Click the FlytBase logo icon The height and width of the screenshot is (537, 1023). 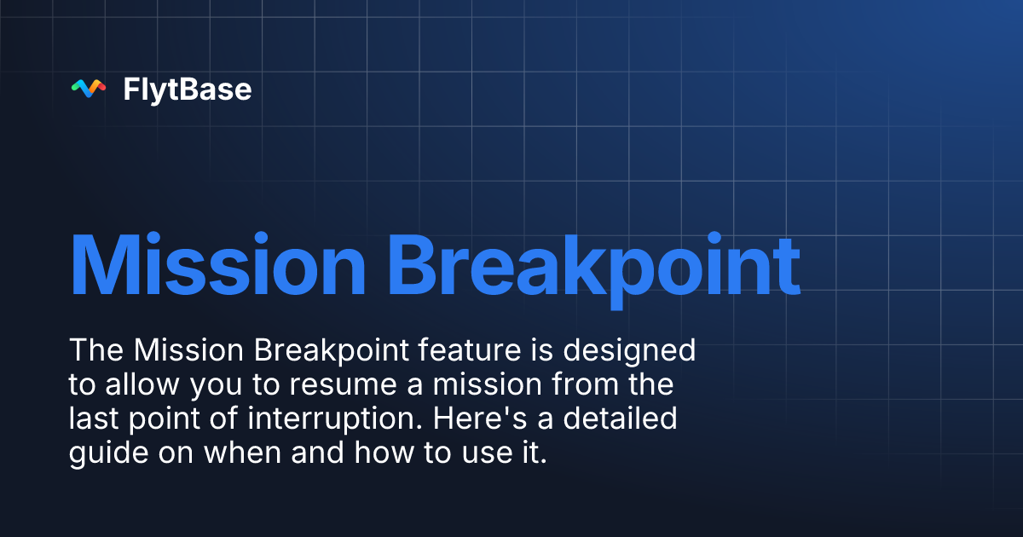(x=88, y=88)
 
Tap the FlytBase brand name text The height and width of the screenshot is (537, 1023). (x=188, y=89)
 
